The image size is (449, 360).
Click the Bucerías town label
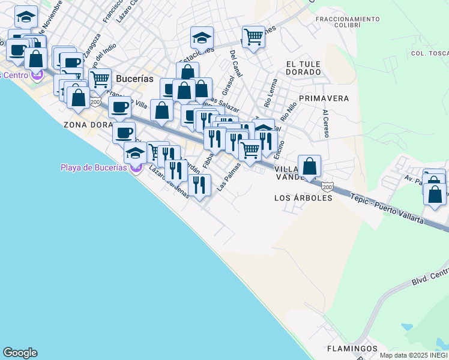134,79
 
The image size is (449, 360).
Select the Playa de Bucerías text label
94,167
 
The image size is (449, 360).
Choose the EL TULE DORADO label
303,68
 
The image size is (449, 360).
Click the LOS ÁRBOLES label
303,197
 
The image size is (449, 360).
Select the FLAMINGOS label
352,349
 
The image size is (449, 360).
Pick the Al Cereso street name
326,124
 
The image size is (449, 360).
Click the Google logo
20,353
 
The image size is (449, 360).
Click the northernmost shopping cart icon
253,37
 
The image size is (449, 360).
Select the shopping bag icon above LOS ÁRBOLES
309,166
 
